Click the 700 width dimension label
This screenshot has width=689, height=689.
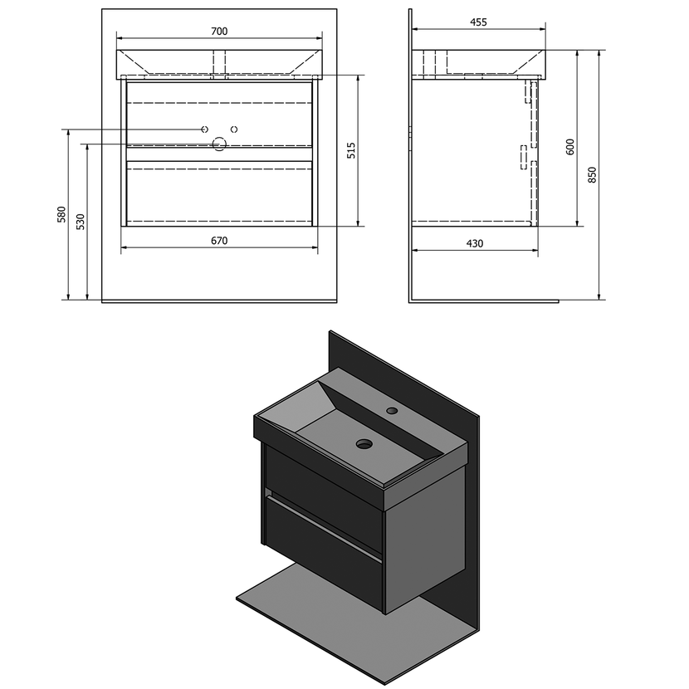click(219, 32)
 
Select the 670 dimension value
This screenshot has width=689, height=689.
click(219, 241)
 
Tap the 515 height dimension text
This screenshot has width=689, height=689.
click(351, 151)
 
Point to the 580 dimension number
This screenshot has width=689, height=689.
click(61, 214)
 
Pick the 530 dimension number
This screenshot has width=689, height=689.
click(81, 222)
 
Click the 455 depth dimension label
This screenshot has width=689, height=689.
click(478, 22)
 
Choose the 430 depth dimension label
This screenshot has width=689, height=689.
click(475, 243)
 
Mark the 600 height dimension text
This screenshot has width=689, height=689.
click(570, 147)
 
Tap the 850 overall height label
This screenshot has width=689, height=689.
click(593, 175)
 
